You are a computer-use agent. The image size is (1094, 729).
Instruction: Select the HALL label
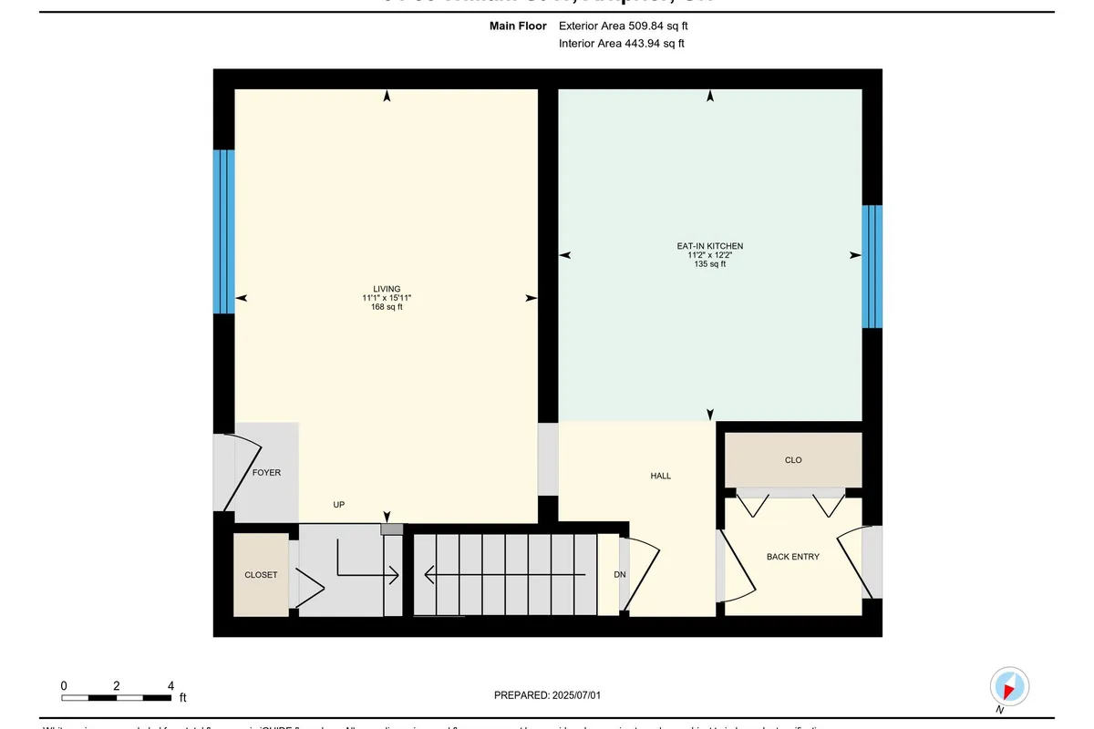(x=660, y=476)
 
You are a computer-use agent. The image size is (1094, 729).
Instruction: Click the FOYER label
(x=266, y=473)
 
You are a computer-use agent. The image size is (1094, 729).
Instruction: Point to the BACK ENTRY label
(x=792, y=556)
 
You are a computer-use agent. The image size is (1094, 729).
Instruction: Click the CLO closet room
(x=793, y=460)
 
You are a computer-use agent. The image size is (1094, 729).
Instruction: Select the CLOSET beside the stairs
(x=261, y=575)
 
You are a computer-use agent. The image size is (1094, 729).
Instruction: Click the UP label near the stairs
(x=338, y=504)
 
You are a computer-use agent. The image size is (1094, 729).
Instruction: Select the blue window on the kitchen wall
(x=872, y=266)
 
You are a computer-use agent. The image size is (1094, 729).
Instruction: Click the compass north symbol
(x=1009, y=686)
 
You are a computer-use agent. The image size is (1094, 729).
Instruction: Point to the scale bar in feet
(x=117, y=698)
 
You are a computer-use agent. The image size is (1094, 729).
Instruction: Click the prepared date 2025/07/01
(x=547, y=695)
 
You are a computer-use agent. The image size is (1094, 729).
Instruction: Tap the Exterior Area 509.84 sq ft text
(x=623, y=26)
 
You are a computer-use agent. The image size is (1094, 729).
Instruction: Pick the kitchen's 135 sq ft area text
(x=710, y=264)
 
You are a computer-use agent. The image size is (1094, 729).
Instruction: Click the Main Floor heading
(x=518, y=26)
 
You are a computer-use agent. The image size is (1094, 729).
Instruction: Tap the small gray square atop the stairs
(x=391, y=529)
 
